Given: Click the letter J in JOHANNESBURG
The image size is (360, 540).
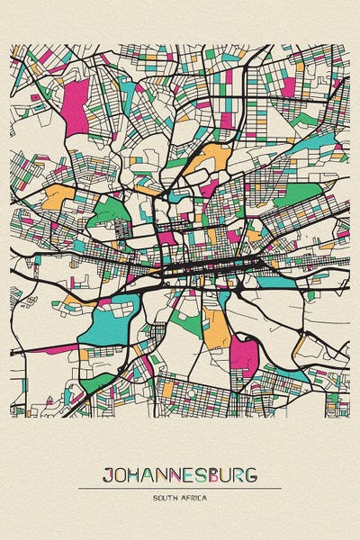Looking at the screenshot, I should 107,474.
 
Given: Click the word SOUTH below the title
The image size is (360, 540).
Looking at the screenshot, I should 166,498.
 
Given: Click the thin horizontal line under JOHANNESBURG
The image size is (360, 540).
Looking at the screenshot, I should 180,489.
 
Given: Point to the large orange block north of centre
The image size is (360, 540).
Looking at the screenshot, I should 212,159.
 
